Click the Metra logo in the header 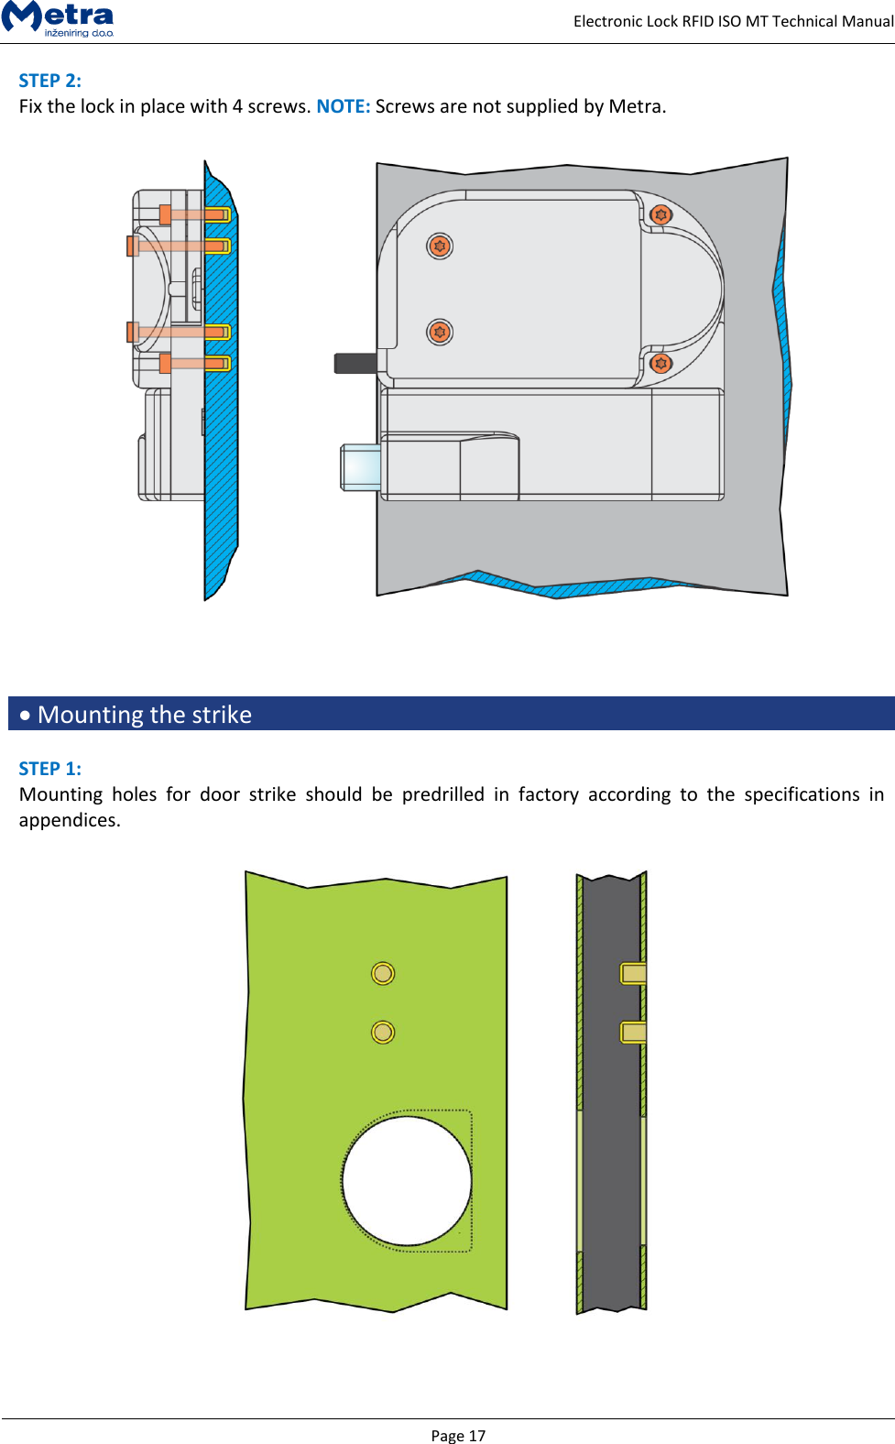coord(58,18)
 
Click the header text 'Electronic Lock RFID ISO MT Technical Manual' coord(733,21)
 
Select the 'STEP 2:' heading coord(50,81)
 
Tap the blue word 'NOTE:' coord(343,106)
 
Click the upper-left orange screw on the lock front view coord(440,246)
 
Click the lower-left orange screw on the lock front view coord(440,332)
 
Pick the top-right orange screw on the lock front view coord(660,215)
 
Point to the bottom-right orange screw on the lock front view coord(660,363)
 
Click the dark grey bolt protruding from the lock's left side coord(355,363)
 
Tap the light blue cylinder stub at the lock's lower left coord(361,467)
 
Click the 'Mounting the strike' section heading coord(145,715)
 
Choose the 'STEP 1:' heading coord(50,769)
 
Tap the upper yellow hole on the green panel coord(383,973)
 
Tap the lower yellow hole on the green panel coord(383,1033)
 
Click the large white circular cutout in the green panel coord(407,1180)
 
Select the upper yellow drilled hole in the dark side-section coord(633,973)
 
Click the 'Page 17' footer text coord(458,1435)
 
